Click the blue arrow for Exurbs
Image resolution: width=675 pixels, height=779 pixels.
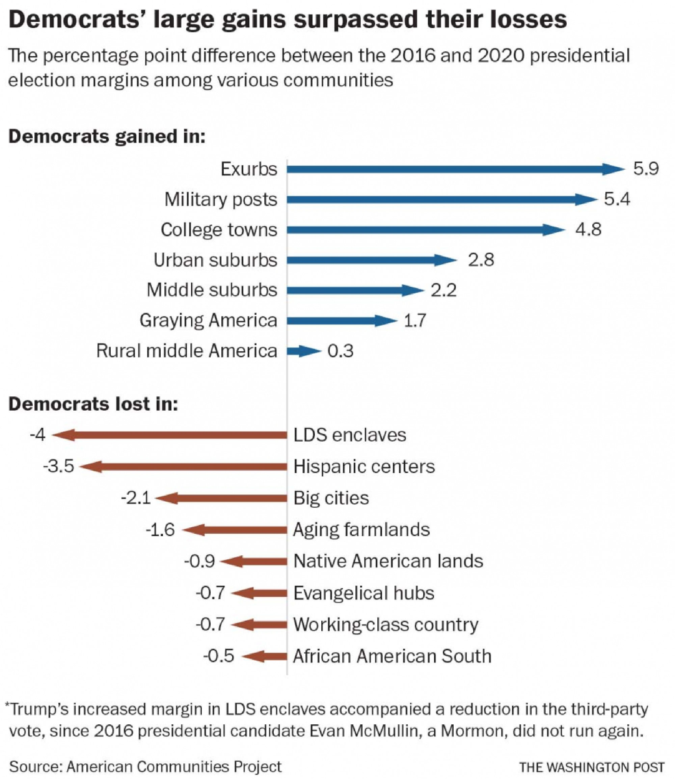coord(452,169)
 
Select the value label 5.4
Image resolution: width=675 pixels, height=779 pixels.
coord(617,199)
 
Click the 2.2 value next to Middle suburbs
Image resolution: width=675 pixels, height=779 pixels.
coord(443,290)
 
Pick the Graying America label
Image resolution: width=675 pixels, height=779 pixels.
coord(208,321)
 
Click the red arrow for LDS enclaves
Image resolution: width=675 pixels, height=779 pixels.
coord(169,436)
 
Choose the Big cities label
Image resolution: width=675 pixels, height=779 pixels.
coord(331,498)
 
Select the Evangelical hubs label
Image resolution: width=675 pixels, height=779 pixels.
coord(363,593)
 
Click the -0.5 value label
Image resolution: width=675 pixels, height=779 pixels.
coord(218,656)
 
